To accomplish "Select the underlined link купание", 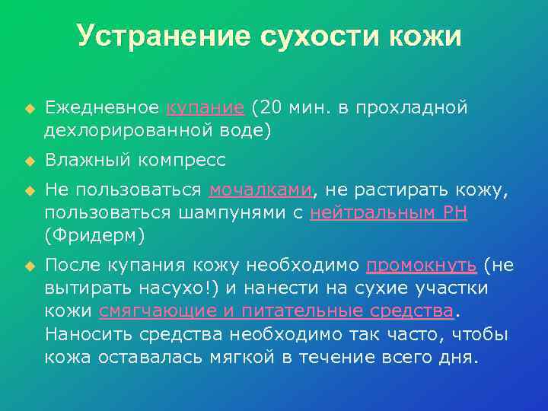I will click(205, 107).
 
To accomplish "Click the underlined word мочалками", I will click(260, 190).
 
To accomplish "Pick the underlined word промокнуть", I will click(422, 265).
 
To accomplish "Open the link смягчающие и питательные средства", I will click(276, 311).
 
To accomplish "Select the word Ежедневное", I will click(102, 107).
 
